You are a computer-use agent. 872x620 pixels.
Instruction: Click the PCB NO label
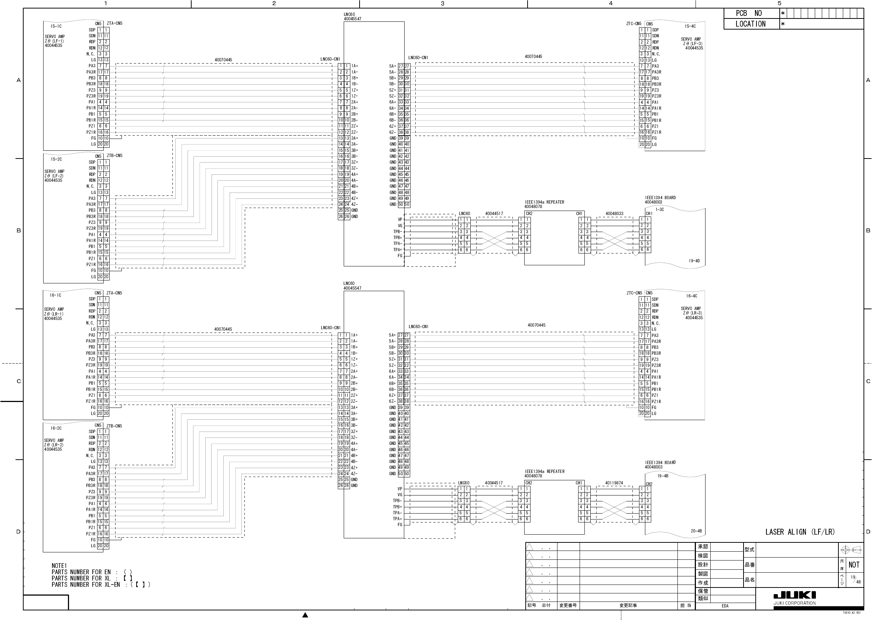pyautogui.click(x=748, y=13)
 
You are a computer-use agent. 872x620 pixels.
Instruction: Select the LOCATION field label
pyautogui.click(x=750, y=24)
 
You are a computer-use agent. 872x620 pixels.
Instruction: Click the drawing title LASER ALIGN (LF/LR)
pyautogui.click(x=800, y=532)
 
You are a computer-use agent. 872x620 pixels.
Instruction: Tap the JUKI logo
pyautogui.click(x=794, y=595)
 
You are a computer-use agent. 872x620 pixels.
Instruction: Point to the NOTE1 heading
pyautogui.click(x=59, y=566)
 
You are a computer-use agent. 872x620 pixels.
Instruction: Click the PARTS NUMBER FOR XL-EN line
pyautogui.click(x=101, y=585)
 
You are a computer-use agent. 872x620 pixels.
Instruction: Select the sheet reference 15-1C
pyautogui.click(x=56, y=26)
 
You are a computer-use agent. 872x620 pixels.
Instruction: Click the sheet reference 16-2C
pyautogui.click(x=56, y=428)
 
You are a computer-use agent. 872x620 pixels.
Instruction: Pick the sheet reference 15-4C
pyautogui.click(x=690, y=26)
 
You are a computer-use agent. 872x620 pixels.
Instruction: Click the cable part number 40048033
pyautogui.click(x=614, y=214)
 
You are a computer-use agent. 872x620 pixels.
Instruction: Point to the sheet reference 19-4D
pyautogui.click(x=694, y=261)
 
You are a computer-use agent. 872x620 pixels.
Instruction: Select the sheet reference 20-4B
pyautogui.click(x=696, y=531)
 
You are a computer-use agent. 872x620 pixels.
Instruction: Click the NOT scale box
pyautogui.click(x=854, y=565)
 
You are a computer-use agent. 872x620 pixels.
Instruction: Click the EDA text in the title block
pyautogui.click(x=725, y=606)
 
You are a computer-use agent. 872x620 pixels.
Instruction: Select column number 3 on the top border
pyautogui.click(x=443, y=3)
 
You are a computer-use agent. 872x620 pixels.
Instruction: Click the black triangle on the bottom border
pyautogui.click(x=305, y=615)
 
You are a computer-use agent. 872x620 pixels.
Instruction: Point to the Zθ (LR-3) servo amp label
pyautogui.click(x=692, y=313)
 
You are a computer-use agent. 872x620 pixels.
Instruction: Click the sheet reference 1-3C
pyautogui.click(x=659, y=209)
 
